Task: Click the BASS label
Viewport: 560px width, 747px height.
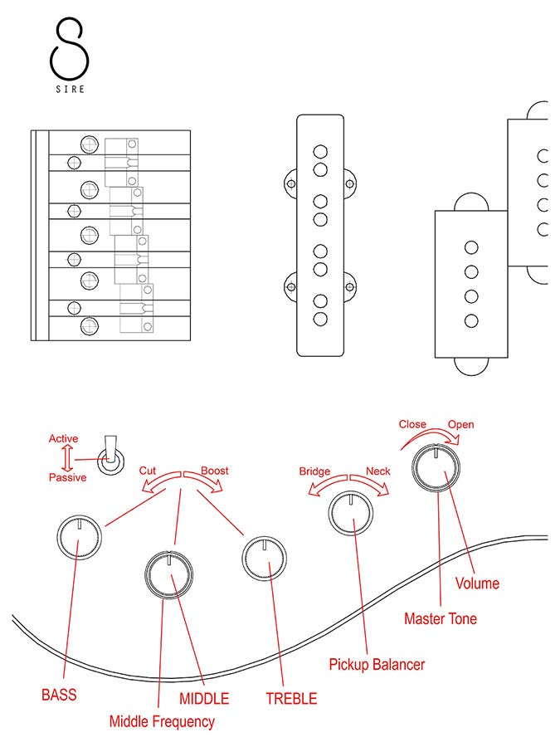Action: (x=59, y=694)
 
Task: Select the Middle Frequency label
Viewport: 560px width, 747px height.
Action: (x=162, y=721)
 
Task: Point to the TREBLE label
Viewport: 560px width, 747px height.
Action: (x=291, y=699)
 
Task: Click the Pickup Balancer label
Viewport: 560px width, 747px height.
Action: (x=377, y=664)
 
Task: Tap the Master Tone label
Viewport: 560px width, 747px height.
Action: (x=441, y=618)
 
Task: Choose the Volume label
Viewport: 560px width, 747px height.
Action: (x=478, y=583)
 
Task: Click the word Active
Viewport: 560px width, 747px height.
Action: (x=64, y=438)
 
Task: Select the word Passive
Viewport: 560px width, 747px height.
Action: (x=67, y=477)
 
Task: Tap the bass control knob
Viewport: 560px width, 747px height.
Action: (x=79, y=539)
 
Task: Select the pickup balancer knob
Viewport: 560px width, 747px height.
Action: (x=351, y=516)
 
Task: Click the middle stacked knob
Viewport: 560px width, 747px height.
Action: (x=168, y=573)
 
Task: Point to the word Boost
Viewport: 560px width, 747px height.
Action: (x=215, y=471)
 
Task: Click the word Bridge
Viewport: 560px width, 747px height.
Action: (x=314, y=471)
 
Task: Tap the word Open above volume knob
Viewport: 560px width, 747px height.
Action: (x=461, y=425)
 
